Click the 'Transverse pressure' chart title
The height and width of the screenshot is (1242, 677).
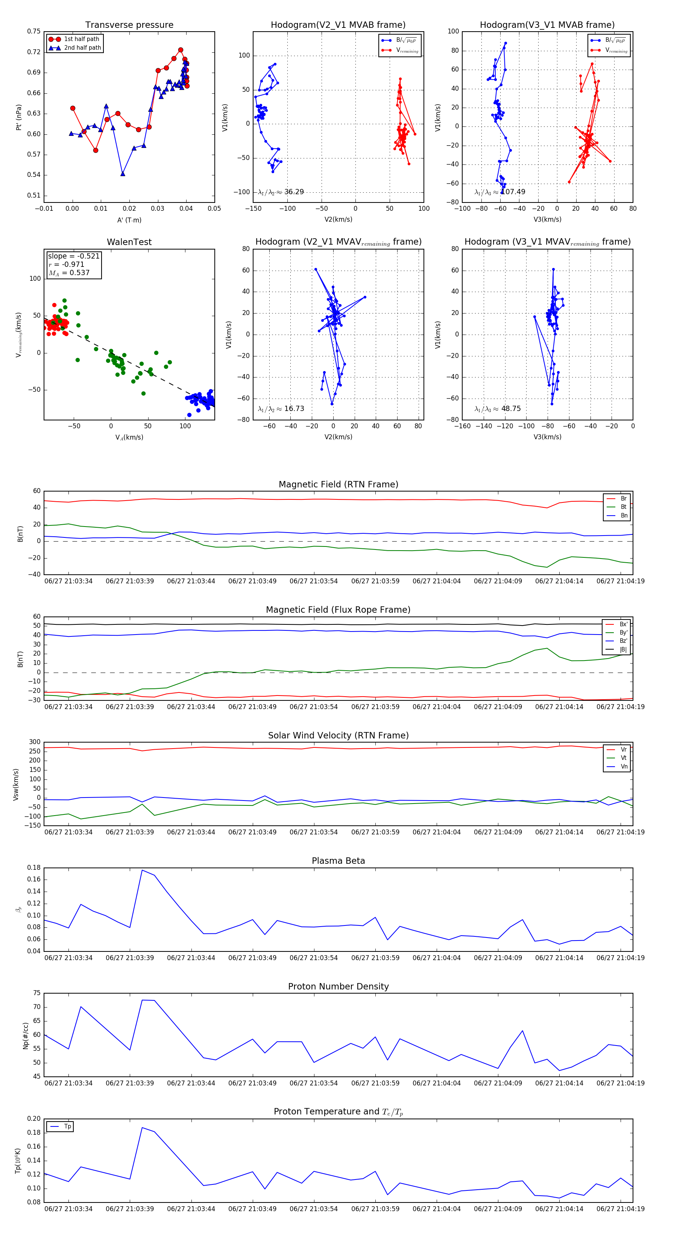129,25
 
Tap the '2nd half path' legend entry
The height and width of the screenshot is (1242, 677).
82,48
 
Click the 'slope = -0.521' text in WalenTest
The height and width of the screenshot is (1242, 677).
74,256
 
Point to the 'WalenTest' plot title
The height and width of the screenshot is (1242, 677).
129,242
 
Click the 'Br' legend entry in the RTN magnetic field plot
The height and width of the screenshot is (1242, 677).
624,499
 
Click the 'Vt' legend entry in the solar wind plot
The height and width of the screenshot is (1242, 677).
624,758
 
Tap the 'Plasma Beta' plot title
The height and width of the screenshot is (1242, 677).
338,861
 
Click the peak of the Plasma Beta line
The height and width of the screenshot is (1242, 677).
142,870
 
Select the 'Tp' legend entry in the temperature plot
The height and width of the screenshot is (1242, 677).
67,1126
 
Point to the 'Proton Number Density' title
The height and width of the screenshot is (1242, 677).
338,986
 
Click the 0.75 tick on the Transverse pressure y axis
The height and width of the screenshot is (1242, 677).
34,31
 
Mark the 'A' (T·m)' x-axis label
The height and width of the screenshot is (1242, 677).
129,220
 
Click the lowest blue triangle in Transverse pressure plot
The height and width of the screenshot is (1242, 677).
123,174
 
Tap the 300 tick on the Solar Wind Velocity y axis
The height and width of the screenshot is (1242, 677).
35,742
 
